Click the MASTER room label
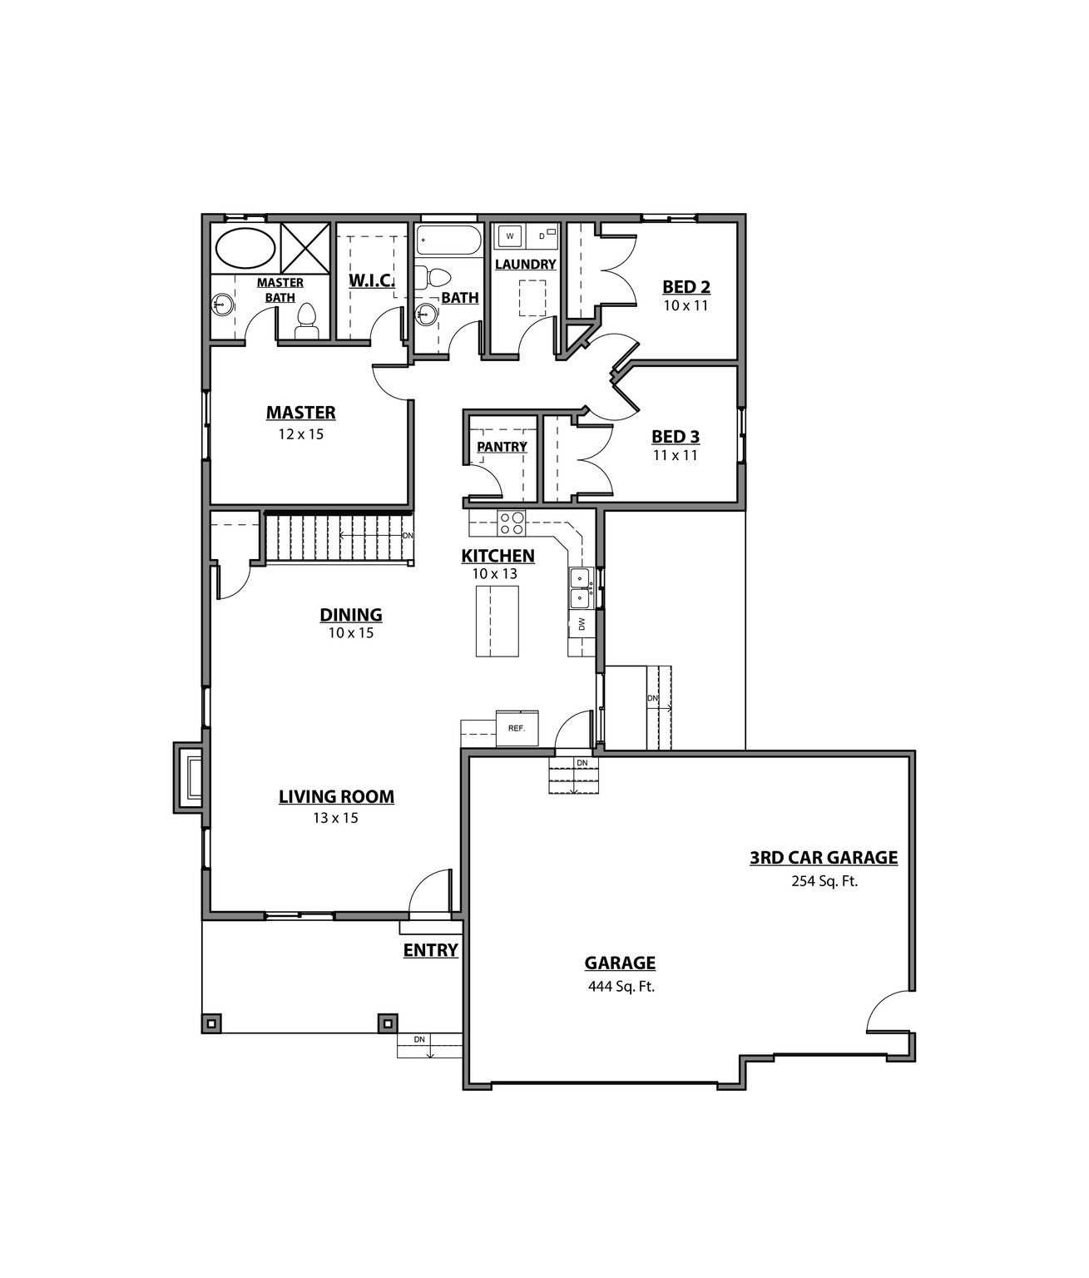click(300, 413)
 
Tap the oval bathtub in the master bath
click(245, 248)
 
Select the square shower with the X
click(305, 247)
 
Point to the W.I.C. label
click(371, 280)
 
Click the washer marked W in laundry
click(510, 236)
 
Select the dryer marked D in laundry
click(543, 236)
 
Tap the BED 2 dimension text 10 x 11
click(686, 305)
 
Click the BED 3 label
click(675, 437)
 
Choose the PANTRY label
click(502, 447)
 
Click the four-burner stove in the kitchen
click(512, 523)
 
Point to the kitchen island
click(497, 621)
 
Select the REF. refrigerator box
click(517, 728)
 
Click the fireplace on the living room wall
click(190, 777)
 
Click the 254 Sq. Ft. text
click(824, 881)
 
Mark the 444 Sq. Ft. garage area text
click(621, 987)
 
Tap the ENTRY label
click(430, 950)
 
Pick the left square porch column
click(212, 1023)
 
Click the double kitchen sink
click(581, 587)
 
